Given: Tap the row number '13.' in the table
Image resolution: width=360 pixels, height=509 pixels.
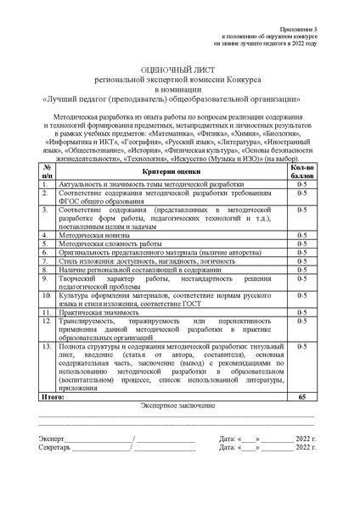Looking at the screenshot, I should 47,348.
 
